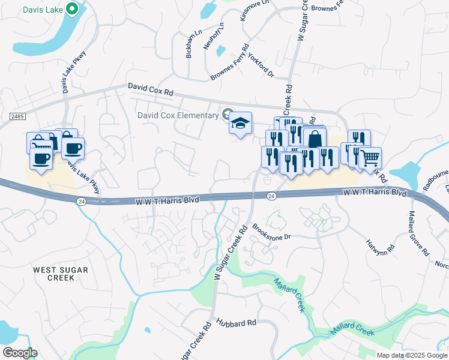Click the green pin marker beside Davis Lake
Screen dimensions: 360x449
pos(71,9)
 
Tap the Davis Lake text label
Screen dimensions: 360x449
pos(44,10)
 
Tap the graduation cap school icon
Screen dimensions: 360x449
pos(240,124)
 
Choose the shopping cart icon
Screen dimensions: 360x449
pos(370,158)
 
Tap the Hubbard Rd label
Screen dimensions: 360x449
pos(237,323)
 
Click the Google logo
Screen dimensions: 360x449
pos(20,353)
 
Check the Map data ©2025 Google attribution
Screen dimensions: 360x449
pos(412,355)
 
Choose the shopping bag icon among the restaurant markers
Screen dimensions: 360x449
pos(314,139)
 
